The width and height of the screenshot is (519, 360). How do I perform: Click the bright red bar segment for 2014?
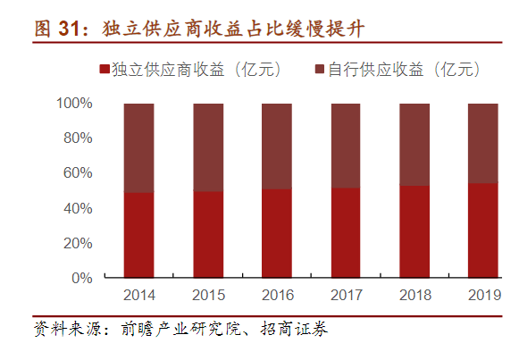(138, 234)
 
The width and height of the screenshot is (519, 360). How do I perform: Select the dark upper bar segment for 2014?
(138, 147)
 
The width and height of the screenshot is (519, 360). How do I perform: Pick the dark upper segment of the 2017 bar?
(346, 146)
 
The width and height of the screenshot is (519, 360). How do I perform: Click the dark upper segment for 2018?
(414, 144)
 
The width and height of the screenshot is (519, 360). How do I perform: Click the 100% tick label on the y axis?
(74, 104)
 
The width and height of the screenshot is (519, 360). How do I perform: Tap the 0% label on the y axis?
(82, 278)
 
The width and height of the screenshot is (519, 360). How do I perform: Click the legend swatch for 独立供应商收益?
(105, 70)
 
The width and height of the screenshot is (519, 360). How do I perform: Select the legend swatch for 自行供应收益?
(320, 70)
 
